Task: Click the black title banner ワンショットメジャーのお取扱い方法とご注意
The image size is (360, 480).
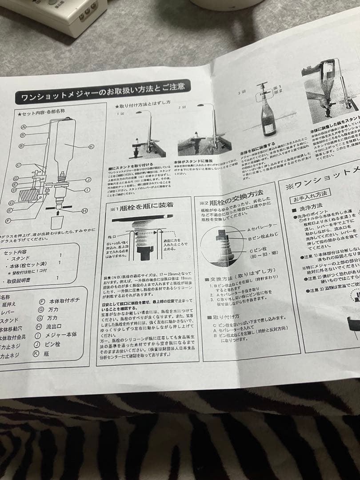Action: point(103,92)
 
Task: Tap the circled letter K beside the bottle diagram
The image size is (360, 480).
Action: point(91,146)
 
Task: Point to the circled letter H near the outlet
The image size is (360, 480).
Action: point(84,211)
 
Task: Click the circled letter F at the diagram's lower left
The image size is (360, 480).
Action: point(8,220)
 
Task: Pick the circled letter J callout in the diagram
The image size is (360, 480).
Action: point(88,180)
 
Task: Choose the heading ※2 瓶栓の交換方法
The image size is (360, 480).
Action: point(231,194)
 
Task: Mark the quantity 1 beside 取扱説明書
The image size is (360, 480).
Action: point(57,278)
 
